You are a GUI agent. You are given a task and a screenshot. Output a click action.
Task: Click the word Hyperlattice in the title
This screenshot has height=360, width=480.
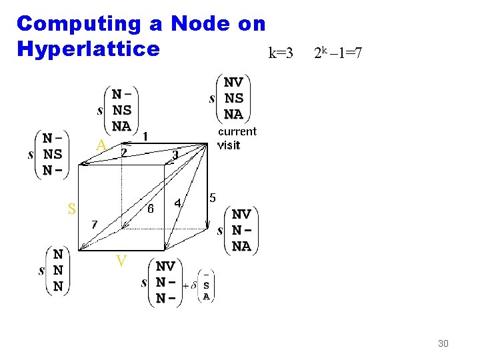[88, 49]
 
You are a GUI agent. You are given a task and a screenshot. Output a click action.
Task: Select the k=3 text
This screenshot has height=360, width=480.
[280, 53]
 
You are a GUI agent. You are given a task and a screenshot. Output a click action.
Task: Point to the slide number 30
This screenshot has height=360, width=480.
[443, 343]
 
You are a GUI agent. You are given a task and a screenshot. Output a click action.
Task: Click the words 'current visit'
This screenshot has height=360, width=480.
[237, 138]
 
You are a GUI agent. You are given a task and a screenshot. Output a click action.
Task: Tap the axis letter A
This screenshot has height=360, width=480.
[101, 145]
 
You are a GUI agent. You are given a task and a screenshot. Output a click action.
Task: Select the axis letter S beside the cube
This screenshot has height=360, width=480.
[71, 209]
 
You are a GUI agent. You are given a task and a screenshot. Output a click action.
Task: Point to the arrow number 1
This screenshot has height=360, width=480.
[145, 136]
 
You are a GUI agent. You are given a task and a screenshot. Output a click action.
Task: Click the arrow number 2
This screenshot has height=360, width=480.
[123, 153]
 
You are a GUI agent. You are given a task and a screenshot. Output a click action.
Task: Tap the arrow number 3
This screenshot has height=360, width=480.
[175, 155]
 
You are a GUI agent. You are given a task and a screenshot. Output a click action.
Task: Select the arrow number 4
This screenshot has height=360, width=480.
[178, 202]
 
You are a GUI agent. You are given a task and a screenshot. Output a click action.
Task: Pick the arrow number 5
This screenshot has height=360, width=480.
[213, 197]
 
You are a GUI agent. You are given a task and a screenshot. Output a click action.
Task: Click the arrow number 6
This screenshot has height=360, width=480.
[151, 208]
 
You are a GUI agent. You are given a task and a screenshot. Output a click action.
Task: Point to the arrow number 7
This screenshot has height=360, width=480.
[95, 224]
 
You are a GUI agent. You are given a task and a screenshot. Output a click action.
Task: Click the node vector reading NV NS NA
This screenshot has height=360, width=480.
[233, 98]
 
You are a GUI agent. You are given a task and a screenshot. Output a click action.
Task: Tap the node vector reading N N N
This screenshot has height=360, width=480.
[58, 271]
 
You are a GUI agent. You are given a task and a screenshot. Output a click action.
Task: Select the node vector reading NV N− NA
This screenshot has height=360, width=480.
[241, 230]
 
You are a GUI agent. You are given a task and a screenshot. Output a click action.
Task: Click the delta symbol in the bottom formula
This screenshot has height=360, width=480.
[193, 285]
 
